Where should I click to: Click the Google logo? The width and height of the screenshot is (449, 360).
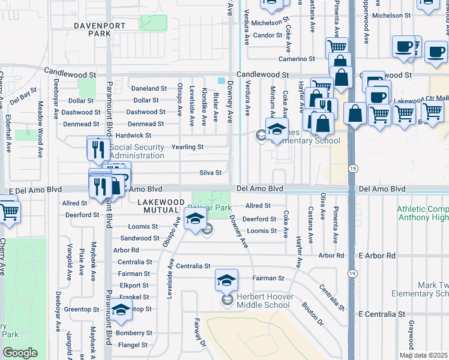point(19,353)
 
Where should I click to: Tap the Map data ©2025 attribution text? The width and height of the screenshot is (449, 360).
point(424,355)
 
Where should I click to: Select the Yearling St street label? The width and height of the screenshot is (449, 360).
point(188,147)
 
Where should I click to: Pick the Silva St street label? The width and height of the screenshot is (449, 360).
point(210,173)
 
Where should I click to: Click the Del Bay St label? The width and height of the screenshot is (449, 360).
point(23,94)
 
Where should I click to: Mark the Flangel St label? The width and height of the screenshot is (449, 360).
point(132,345)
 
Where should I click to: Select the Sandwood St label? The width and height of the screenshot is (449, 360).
point(136,238)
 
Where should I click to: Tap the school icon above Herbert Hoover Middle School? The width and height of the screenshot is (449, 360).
point(226,280)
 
